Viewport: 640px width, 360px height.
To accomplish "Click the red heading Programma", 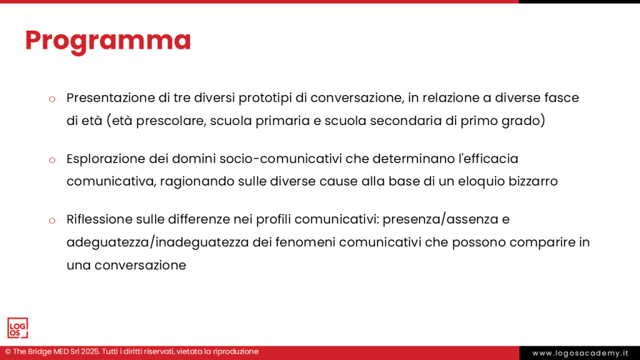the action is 108,41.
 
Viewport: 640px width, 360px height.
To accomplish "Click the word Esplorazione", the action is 106,159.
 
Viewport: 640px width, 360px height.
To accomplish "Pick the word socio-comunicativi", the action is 281,159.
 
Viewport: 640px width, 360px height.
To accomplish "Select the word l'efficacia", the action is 489,158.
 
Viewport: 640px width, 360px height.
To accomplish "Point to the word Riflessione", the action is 99,219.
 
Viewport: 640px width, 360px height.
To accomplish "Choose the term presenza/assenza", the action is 441,219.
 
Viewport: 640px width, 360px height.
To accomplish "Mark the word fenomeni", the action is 305,242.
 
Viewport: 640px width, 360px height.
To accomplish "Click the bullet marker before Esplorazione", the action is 52,160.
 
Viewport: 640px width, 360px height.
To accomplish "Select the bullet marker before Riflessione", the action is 52,221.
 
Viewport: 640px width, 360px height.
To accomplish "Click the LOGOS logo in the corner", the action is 17,328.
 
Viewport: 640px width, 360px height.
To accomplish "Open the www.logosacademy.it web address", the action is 580,353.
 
